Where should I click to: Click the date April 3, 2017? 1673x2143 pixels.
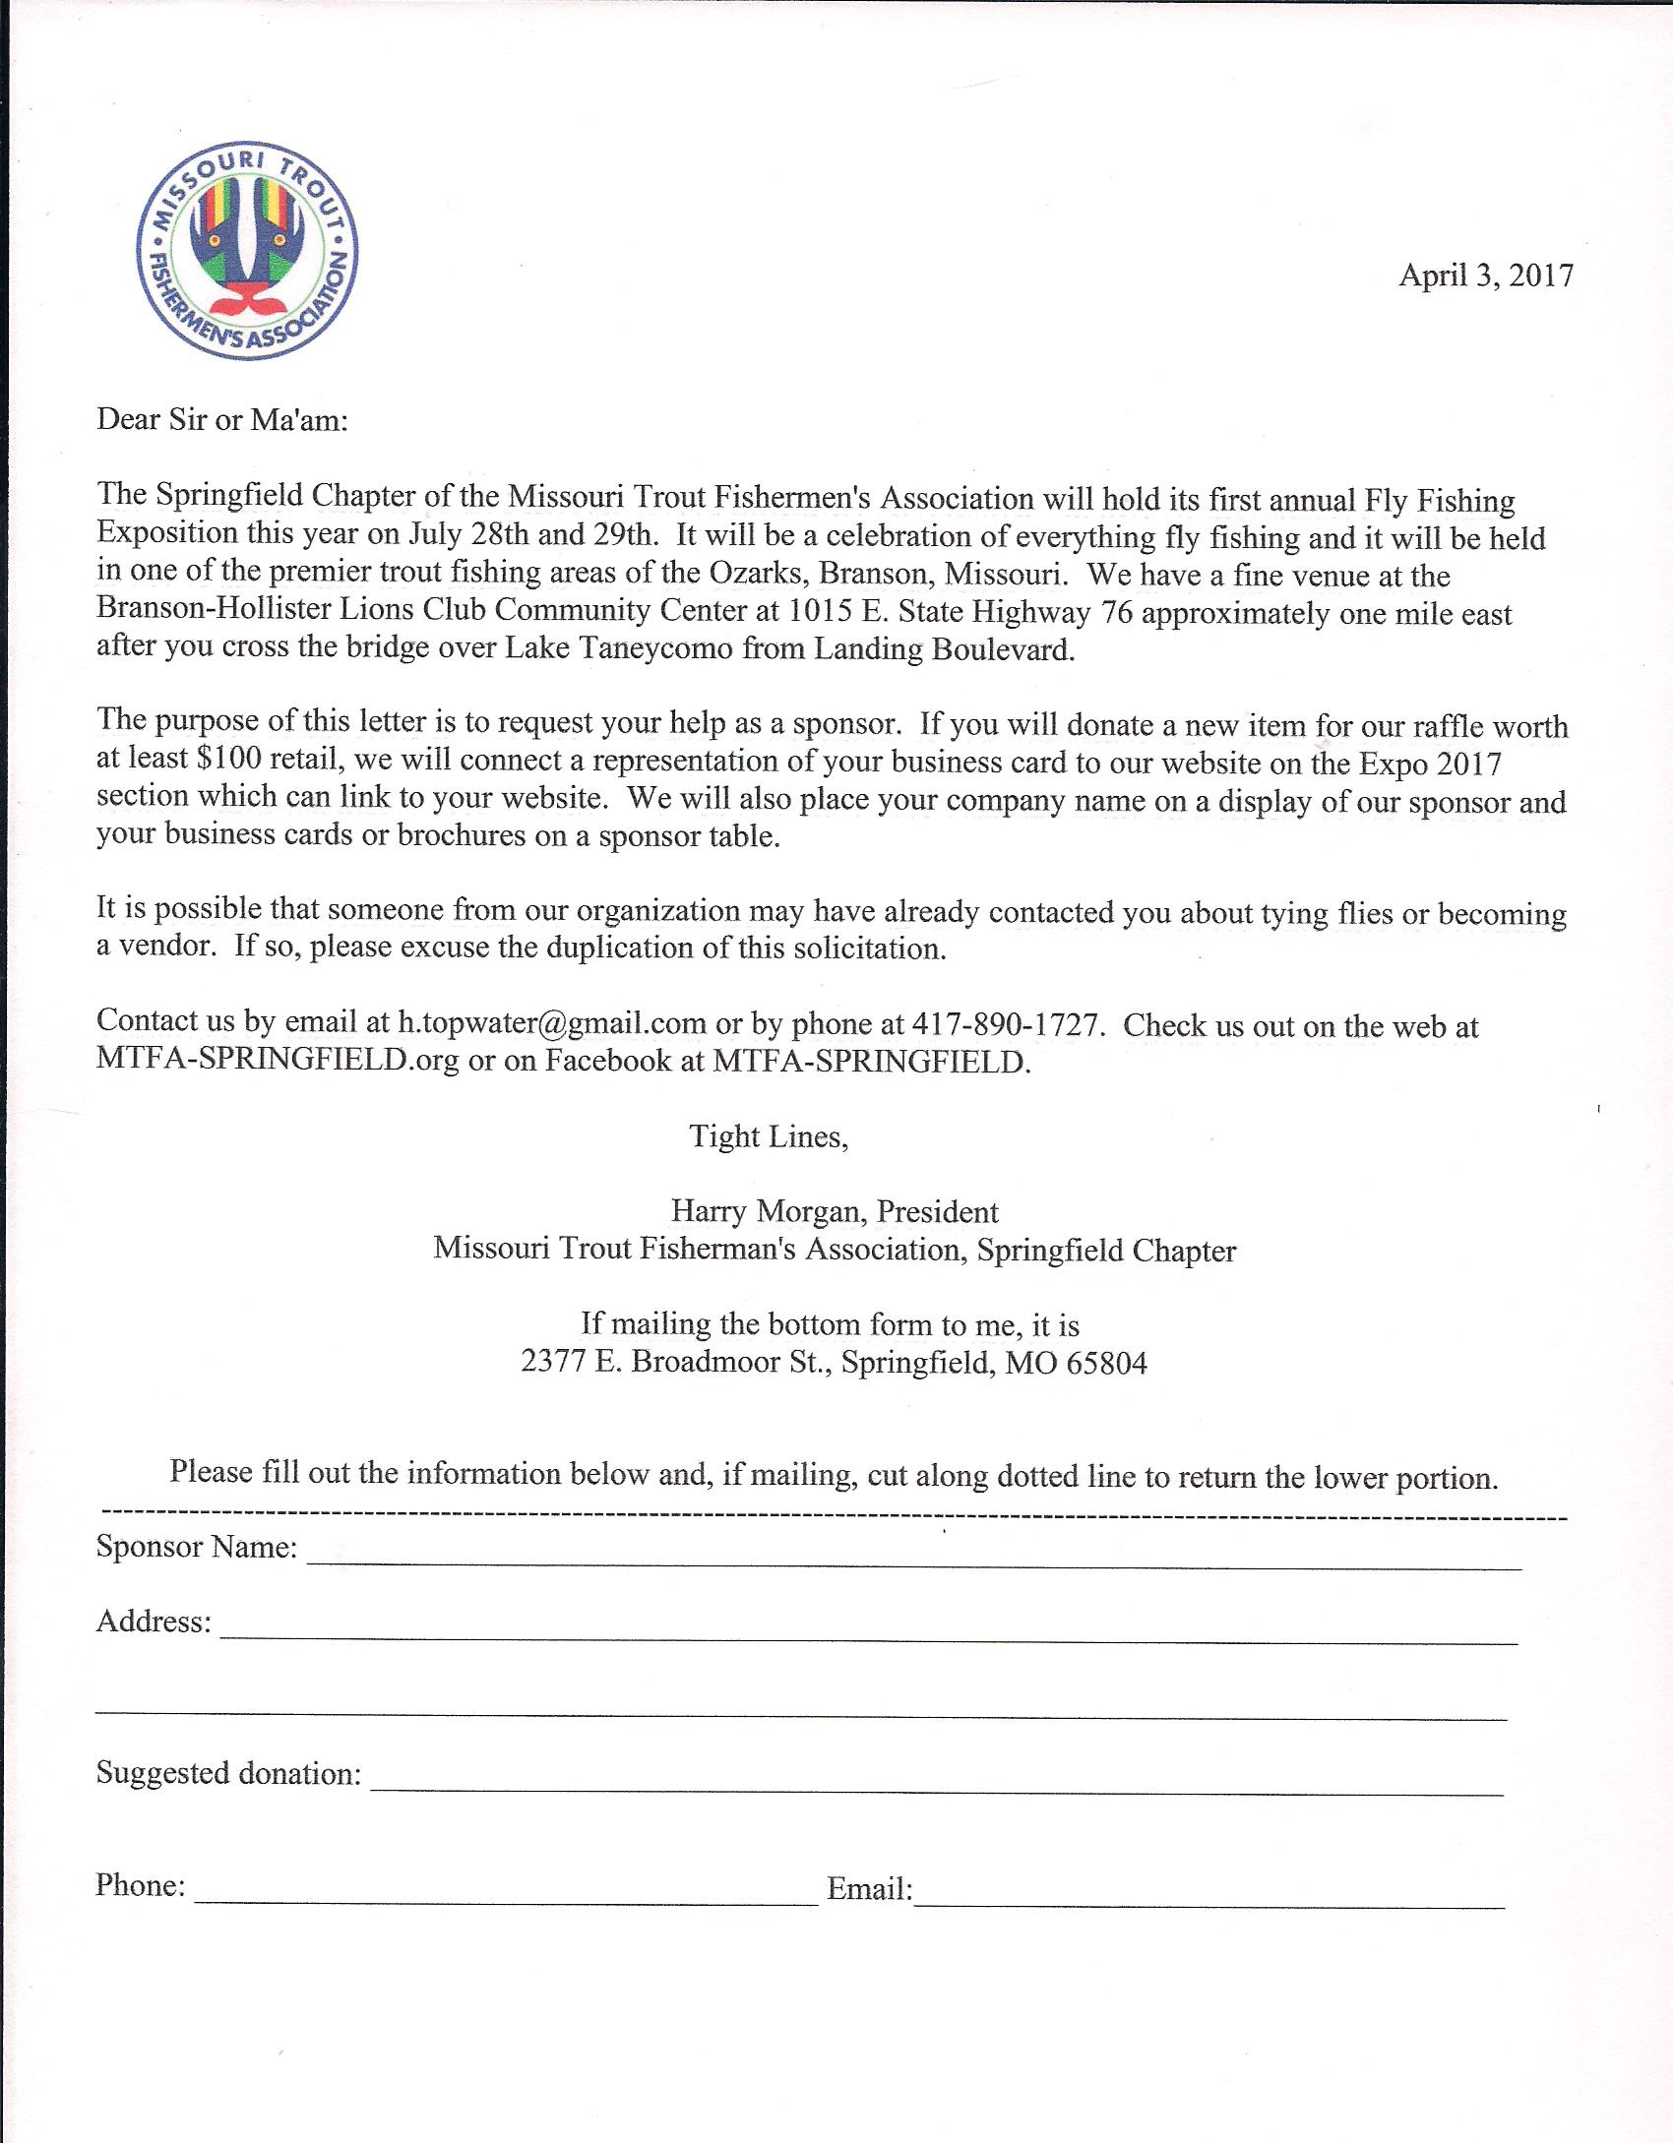pyautogui.click(x=1485, y=275)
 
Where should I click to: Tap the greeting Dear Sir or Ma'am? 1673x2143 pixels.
pyautogui.click(x=222, y=420)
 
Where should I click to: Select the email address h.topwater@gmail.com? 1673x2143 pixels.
pyautogui.click(x=551, y=1022)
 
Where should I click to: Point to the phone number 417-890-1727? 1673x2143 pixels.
pyautogui.click(x=1005, y=1024)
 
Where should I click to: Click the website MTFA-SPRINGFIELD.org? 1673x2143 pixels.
pyautogui.click(x=278, y=1061)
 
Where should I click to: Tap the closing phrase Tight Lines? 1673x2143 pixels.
pyautogui.click(x=768, y=1136)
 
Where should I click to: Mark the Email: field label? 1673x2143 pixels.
pyautogui.click(x=869, y=1888)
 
